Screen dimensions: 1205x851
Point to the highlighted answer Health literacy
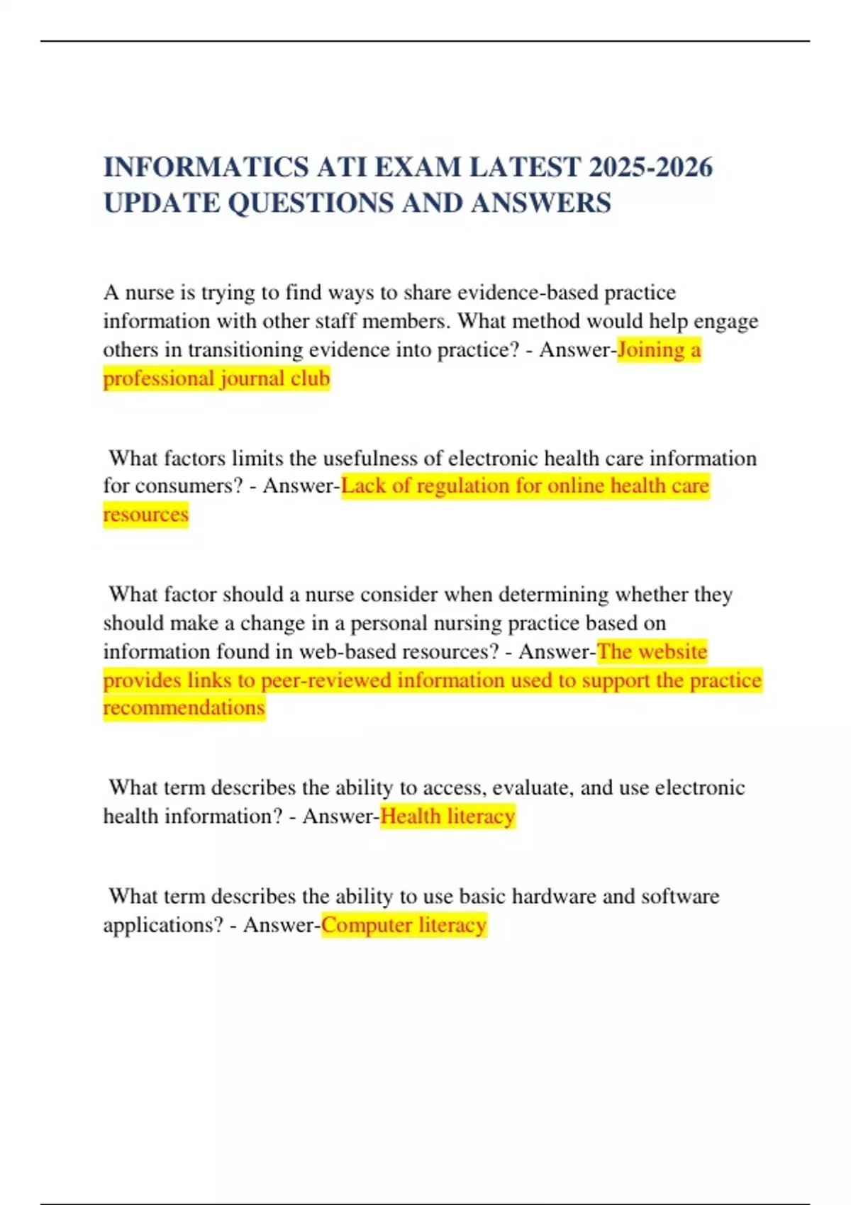click(447, 816)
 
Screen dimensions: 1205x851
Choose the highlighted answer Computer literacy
click(404, 925)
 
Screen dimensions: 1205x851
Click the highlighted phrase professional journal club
click(216, 379)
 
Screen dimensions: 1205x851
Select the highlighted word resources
click(145, 514)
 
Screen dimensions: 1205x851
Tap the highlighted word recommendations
click(184, 707)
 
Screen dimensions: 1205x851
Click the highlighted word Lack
click(363, 486)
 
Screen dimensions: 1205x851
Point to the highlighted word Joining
click(650, 349)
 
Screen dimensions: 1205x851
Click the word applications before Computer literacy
click(162, 925)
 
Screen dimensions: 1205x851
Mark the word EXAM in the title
click(418, 167)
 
